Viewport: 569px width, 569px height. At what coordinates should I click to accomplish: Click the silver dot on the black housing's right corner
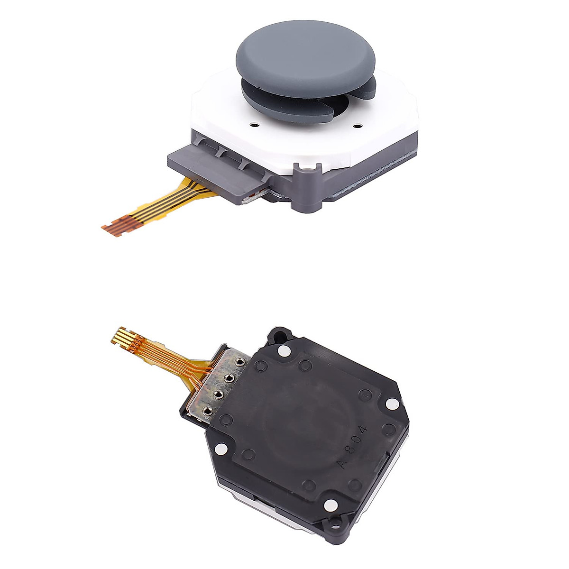click(391, 404)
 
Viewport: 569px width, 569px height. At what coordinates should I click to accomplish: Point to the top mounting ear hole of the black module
click(277, 333)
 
